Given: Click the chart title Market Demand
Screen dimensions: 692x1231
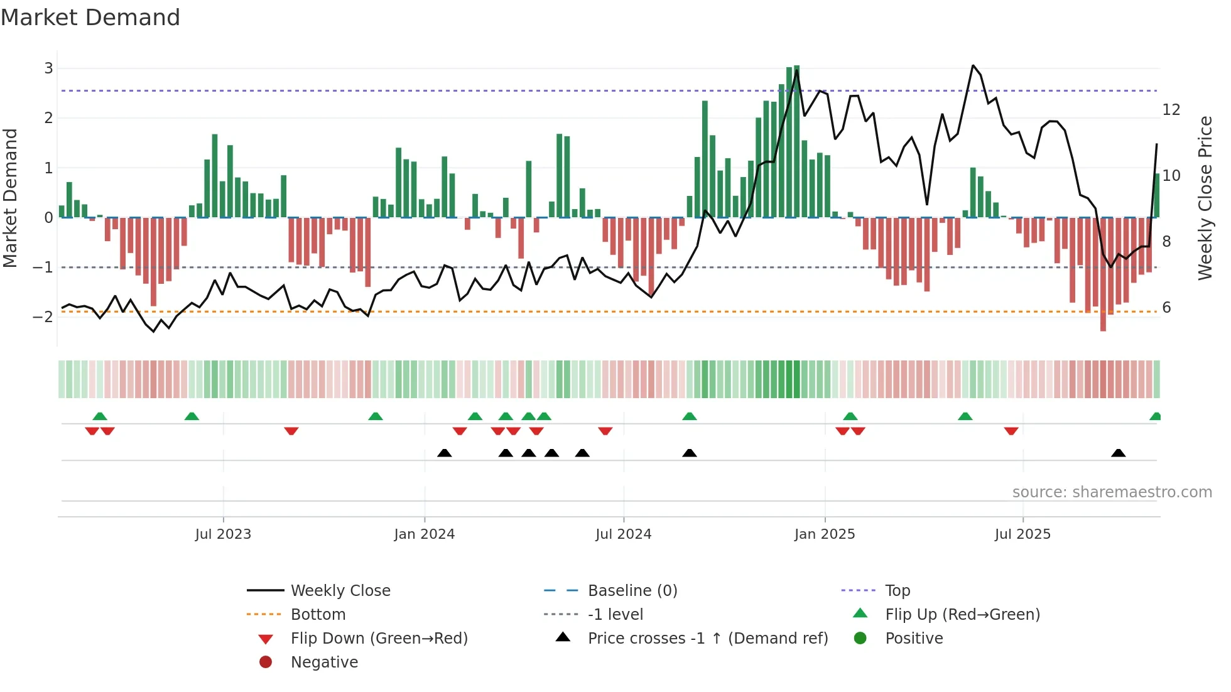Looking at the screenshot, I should click(90, 18).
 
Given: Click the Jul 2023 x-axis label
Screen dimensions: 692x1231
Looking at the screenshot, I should click(223, 534).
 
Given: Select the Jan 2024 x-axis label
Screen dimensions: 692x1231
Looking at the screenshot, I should click(424, 534).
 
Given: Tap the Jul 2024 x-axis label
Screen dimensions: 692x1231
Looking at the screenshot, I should click(623, 534).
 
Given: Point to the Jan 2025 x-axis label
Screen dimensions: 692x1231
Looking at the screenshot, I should click(824, 534).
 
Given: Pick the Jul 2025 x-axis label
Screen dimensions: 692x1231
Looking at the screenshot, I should click(1022, 534).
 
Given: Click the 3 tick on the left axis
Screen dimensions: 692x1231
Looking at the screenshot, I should click(48, 68).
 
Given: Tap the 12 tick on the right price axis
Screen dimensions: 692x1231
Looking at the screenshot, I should click(1171, 110).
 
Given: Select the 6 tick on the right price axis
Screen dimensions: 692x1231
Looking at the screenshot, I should click(1166, 308).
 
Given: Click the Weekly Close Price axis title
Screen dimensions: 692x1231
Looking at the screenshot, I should click(1205, 198).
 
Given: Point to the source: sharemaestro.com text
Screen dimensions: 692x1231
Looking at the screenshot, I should click(1112, 492).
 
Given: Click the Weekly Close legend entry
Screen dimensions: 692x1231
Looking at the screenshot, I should click(340, 591).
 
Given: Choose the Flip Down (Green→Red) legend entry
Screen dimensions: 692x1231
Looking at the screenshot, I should click(379, 639).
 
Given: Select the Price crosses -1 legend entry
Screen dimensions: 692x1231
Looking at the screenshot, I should click(707, 639).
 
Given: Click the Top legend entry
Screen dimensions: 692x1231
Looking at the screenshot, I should click(897, 591).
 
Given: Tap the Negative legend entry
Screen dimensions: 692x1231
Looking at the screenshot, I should click(324, 662).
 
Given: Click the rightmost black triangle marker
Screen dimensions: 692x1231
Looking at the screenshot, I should click(1118, 453).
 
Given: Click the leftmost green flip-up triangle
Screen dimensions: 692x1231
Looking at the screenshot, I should click(100, 416).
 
